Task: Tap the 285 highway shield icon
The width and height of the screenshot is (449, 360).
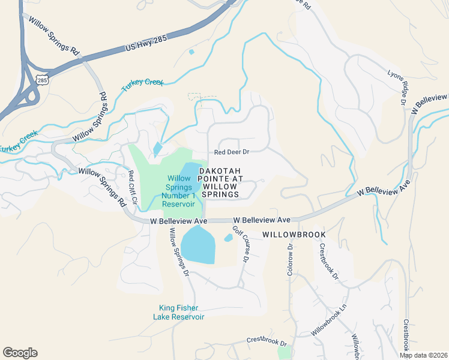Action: click(x=41, y=79)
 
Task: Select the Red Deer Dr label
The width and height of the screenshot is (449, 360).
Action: click(x=231, y=152)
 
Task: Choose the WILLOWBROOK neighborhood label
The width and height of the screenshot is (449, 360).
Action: click(x=294, y=234)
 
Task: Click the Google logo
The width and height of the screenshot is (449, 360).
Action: click(x=20, y=353)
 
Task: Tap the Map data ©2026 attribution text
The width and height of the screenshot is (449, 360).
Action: click(x=423, y=355)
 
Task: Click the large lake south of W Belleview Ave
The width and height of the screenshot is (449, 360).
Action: click(x=198, y=245)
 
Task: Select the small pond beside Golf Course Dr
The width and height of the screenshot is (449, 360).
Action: click(x=229, y=238)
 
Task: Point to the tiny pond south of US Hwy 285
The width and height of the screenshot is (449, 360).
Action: click(x=191, y=52)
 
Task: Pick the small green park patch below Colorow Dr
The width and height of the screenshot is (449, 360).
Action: click(x=285, y=353)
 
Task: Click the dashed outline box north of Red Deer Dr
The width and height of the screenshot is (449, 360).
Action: click(x=194, y=97)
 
